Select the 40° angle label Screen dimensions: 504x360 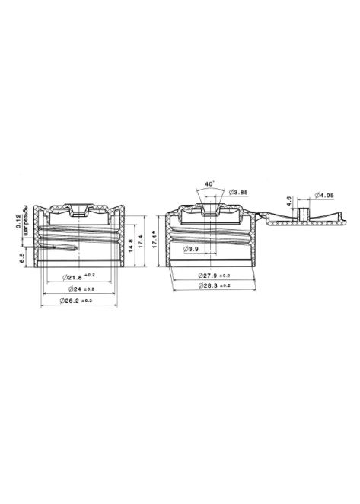209,183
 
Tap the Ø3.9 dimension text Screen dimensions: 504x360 193,249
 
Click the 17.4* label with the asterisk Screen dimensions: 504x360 155,241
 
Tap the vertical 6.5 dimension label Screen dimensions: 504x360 24,257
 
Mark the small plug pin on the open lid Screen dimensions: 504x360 304,212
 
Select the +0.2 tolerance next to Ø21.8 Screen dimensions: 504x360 90,273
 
